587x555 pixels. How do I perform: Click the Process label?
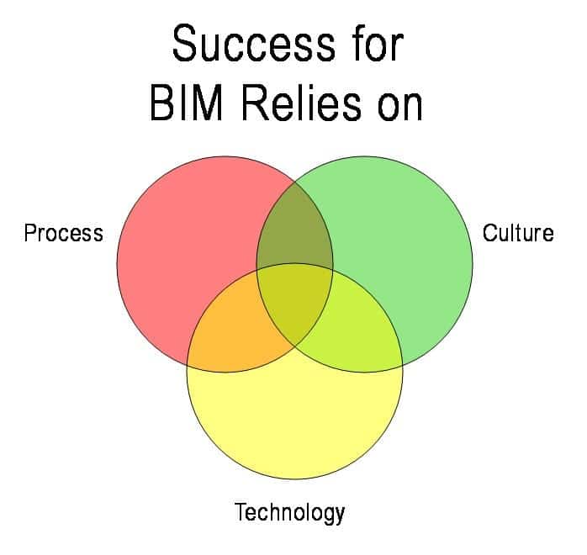tap(64, 233)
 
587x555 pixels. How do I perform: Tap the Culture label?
tap(518, 233)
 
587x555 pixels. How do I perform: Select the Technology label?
tap(289, 512)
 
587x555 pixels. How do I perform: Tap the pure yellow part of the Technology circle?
tap(294, 420)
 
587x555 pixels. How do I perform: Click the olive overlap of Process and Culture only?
tap(294, 231)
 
